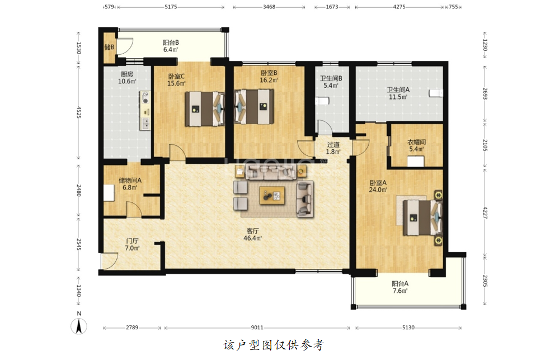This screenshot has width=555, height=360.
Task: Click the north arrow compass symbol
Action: pos(79,326)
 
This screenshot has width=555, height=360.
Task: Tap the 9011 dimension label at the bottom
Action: pos(257,328)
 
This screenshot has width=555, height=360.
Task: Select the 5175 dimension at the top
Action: pos(171,7)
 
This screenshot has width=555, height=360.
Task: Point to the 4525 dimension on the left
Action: pos(78,112)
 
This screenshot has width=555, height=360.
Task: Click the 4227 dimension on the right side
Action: pos(485,212)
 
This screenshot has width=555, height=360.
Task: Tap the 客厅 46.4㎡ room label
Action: pos(252,234)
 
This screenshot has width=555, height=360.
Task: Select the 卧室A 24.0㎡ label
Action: pos(378,186)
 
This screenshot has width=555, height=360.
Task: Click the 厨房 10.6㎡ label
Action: pos(127,78)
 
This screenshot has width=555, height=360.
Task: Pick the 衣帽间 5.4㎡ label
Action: pos(417,145)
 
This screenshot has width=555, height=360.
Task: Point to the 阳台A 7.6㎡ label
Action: pos(400,287)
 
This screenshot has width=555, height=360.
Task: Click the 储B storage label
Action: pos(109,47)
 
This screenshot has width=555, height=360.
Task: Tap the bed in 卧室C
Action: pos(205,109)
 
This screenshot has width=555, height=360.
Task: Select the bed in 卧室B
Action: pos(254,107)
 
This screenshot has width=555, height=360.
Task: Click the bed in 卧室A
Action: pos(422,218)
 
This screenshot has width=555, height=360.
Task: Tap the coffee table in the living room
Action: pos(272,196)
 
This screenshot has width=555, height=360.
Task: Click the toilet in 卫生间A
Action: pos(436,93)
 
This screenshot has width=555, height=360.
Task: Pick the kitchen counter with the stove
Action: pos(145,110)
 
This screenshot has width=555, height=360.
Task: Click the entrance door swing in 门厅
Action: pos(109,261)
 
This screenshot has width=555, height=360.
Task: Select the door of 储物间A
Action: pos(134,209)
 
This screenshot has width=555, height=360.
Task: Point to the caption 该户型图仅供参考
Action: pos(274,345)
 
